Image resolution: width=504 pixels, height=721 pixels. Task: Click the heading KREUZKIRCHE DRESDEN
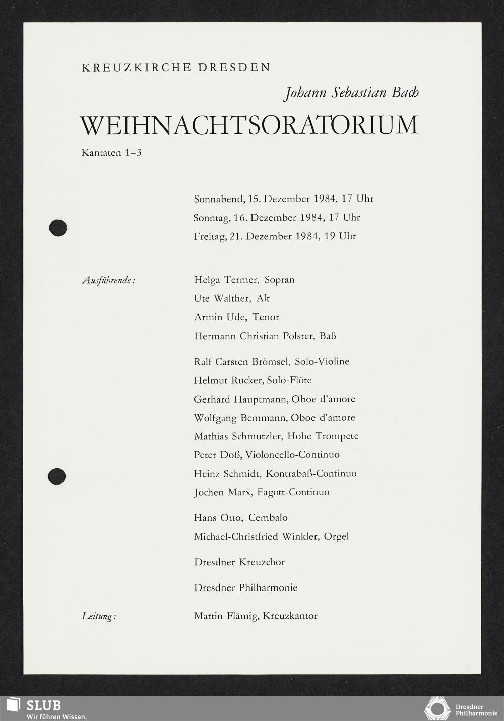(176, 68)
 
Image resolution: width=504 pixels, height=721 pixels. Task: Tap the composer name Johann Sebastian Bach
(351, 93)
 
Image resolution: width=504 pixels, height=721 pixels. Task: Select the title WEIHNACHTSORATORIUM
(249, 125)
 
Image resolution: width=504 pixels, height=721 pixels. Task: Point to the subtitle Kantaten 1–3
(111, 152)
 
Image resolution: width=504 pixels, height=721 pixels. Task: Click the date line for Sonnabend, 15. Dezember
(283, 199)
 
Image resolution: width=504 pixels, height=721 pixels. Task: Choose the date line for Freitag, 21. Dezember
(275, 236)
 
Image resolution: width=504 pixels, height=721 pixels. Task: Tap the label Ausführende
(108, 280)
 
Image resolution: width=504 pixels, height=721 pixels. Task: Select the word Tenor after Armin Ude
(266, 317)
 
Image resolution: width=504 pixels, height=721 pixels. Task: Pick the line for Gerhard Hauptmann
(274, 399)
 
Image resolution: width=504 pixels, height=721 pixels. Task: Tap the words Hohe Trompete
(323, 436)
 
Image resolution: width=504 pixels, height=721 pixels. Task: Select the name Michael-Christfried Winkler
(256, 537)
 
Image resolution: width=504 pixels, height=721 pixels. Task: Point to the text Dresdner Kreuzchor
(239, 562)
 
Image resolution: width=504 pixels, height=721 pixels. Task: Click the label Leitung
(99, 616)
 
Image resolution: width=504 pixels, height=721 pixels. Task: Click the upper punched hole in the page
(58, 228)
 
